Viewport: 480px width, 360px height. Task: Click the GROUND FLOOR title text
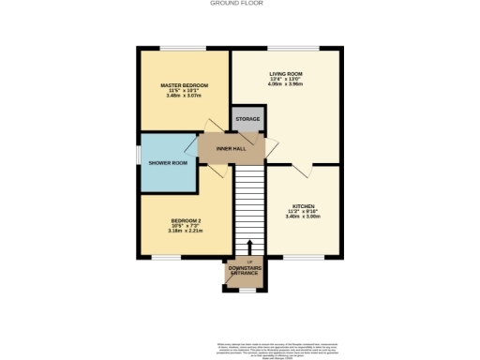240,4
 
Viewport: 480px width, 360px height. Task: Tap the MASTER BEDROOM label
184,85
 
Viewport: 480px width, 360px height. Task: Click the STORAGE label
247,119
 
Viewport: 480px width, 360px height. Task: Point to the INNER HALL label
231,147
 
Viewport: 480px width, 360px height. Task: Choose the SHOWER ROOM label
168,163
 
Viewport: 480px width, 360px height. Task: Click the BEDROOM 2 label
185,219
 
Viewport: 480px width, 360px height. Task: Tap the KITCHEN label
303,206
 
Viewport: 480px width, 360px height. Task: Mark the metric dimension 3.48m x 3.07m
184,97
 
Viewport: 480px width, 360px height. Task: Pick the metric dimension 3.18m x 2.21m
185,231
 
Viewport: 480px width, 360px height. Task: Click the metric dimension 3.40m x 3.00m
303,217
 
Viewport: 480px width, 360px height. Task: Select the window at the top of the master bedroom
184,49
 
